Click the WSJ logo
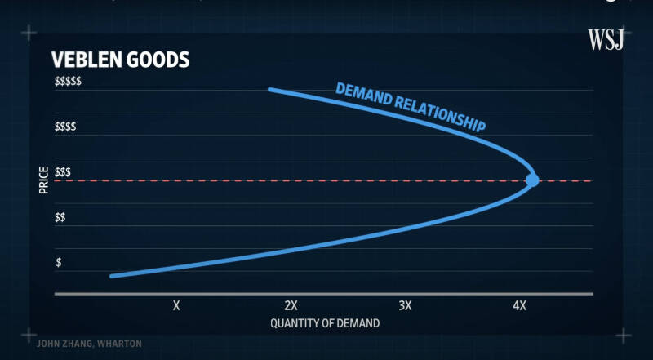pyautogui.click(x=606, y=39)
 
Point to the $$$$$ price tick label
pyautogui.click(x=68, y=82)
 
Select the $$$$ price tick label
pyautogui.click(x=65, y=127)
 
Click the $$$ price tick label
pyautogui.click(x=63, y=172)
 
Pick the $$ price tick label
pyautogui.click(x=60, y=217)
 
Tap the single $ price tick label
pyautogui.click(x=58, y=263)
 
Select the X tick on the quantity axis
pyautogui.click(x=176, y=305)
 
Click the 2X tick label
pyautogui.click(x=291, y=305)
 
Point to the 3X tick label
pyautogui.click(x=405, y=305)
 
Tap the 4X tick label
pyautogui.click(x=519, y=305)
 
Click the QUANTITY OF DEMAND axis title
pyautogui.click(x=325, y=323)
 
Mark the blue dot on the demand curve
pyautogui.click(x=532, y=180)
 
